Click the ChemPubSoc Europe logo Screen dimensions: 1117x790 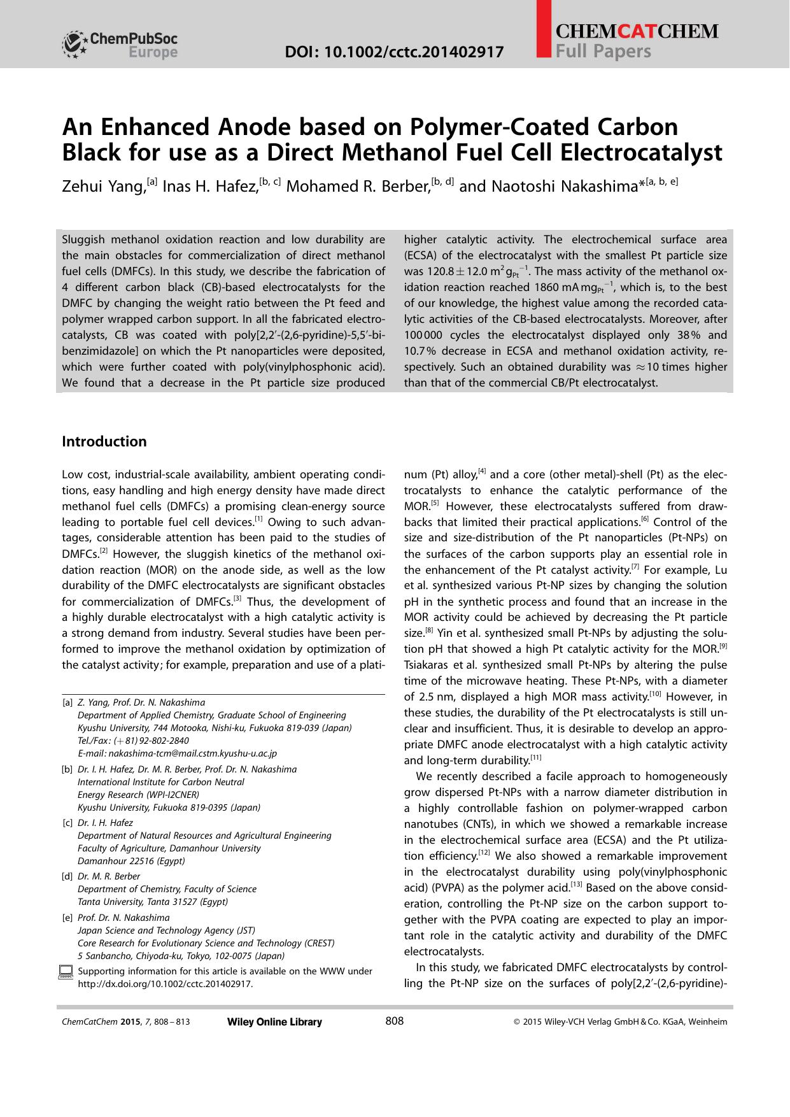[x=120, y=45]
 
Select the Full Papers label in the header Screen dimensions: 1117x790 [x=603, y=51]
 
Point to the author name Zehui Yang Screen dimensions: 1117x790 [x=102, y=186]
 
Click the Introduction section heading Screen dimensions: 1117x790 [x=104, y=441]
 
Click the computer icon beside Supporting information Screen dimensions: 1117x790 [x=66, y=971]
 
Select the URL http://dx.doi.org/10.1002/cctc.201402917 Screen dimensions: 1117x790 [x=165, y=984]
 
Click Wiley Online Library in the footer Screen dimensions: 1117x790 [x=274, y=1022]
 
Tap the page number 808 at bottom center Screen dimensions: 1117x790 [x=395, y=1021]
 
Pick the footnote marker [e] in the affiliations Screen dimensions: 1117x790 [x=67, y=918]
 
